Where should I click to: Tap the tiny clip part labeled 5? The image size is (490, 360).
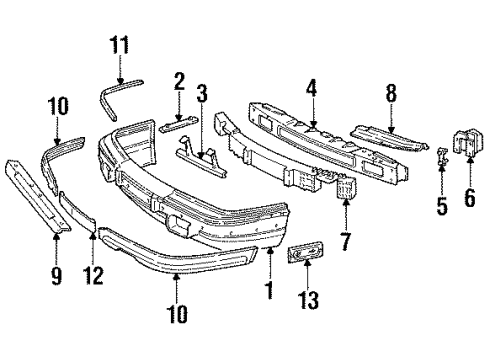click(x=440, y=155)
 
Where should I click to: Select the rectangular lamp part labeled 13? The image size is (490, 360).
click(x=306, y=255)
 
